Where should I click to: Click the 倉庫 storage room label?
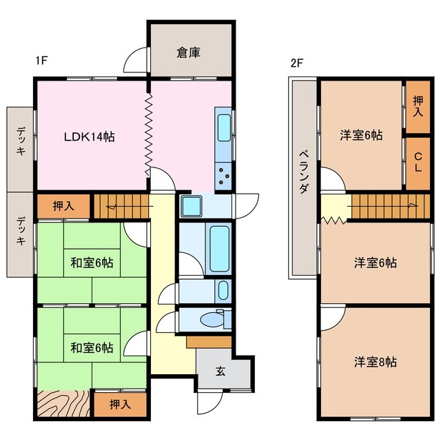(188, 53)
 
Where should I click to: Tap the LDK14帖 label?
(89, 136)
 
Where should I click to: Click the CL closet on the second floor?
(417, 164)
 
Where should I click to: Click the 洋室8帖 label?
(375, 361)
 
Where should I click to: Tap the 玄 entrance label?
(220, 372)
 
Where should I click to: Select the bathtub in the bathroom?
(218, 247)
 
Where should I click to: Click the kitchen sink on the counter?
(225, 127)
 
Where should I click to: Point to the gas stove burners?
(225, 175)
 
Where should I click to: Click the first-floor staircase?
(121, 205)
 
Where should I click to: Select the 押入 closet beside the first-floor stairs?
(63, 205)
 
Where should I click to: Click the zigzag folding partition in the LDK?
(148, 134)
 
